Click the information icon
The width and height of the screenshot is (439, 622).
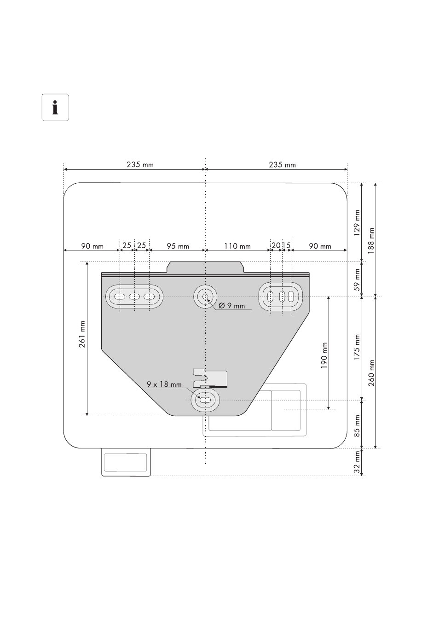pos(55,107)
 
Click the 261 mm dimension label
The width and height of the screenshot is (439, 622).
pos(82,334)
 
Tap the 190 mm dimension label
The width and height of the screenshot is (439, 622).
pos(324,355)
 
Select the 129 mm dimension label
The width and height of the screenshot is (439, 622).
pos(357,223)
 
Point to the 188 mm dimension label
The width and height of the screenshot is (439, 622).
pos(371,241)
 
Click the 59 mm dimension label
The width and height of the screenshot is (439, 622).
pos(357,279)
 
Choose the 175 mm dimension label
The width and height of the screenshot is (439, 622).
pos(357,348)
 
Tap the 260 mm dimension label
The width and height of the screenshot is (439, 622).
pos(371,373)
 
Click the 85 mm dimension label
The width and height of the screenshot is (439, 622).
pos(357,426)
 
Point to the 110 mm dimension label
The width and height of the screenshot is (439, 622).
pos(237,246)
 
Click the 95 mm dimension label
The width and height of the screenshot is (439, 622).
pos(178,246)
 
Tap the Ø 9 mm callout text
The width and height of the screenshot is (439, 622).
pos(232,306)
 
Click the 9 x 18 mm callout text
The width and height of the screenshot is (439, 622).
pos(164,384)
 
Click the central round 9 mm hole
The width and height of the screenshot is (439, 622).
pos(205,297)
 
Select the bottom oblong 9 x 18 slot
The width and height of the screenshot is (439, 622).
pos(205,400)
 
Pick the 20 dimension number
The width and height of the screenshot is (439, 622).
pos(276,245)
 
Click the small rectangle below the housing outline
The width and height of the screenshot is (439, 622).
pos(126,462)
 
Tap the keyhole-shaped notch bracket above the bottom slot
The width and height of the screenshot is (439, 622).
pos(210,378)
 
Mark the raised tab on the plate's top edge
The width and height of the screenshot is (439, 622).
pos(205,267)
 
